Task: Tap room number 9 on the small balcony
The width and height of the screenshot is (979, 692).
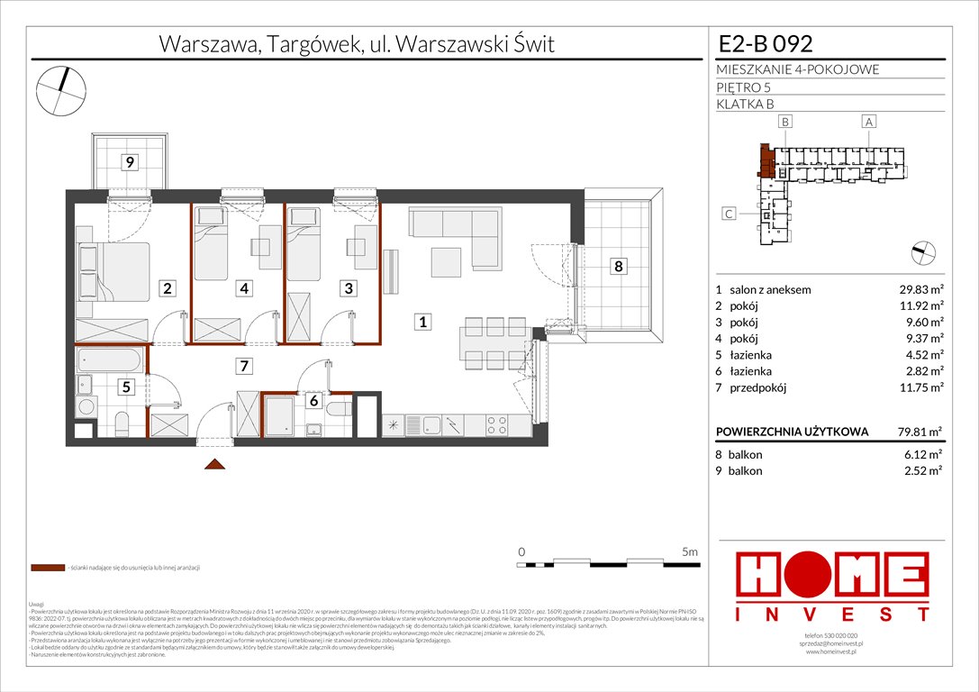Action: (x=131, y=163)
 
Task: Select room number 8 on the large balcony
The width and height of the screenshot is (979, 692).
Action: (x=617, y=266)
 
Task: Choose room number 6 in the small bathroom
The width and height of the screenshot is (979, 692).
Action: (x=312, y=402)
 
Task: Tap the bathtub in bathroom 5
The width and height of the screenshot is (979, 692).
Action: (x=109, y=361)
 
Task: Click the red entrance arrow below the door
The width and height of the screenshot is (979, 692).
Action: (x=214, y=464)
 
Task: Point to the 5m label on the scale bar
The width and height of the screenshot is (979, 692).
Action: (x=690, y=551)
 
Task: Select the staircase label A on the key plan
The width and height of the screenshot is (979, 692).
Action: (x=868, y=121)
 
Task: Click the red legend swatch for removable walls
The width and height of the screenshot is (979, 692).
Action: (x=47, y=569)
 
